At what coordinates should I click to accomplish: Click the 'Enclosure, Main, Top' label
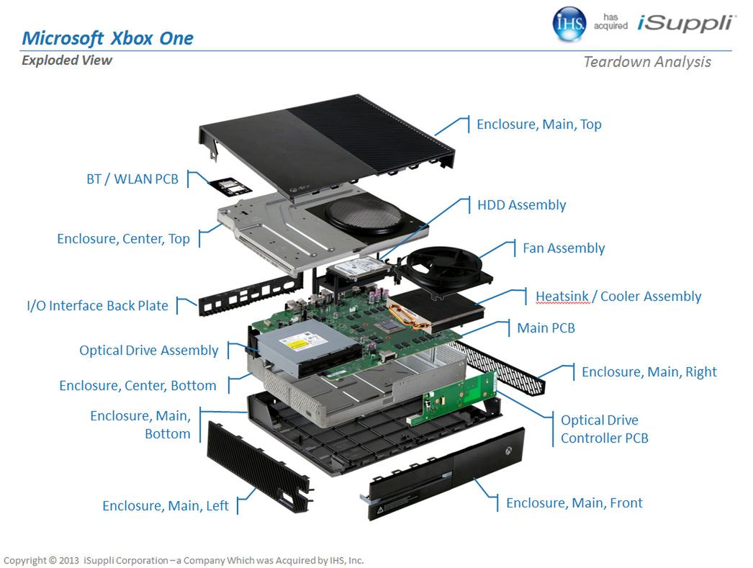[538, 125]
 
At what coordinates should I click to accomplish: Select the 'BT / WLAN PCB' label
[132, 179]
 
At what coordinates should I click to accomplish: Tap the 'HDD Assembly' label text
[521, 205]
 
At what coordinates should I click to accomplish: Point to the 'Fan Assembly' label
[563, 248]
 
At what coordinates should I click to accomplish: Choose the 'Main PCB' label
[546, 328]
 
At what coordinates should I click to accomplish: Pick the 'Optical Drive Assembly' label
[148, 351]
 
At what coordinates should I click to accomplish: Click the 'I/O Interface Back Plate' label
[97, 306]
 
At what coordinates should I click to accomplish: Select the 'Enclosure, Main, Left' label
[165, 506]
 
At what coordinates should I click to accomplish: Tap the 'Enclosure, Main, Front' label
[574, 503]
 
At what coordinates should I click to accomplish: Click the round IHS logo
[569, 24]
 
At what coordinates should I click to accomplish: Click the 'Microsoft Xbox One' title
[107, 38]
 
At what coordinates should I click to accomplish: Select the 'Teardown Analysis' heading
[646, 62]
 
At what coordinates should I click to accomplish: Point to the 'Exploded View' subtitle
[67, 60]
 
